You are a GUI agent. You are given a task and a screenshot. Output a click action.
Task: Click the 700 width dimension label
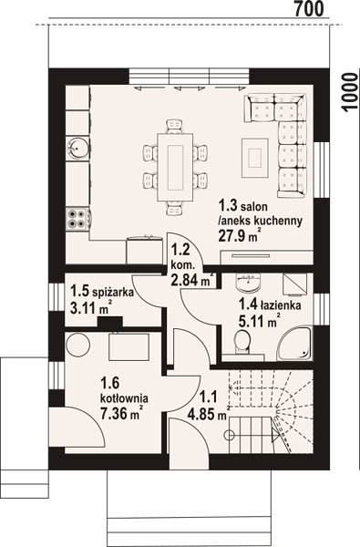coord(309,9)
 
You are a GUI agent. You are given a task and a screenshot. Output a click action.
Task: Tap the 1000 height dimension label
coord(350,92)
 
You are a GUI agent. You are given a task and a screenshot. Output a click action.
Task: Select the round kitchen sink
coord(75,148)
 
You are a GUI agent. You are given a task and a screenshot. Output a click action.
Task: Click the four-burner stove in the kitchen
coord(77,219)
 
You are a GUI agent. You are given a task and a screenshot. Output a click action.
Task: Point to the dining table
coord(175,168)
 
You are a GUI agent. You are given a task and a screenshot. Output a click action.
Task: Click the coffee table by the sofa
coord(255,158)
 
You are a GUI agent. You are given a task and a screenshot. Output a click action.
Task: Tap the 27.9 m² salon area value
coord(240,236)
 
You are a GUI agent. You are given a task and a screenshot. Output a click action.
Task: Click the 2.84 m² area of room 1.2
coord(192,279)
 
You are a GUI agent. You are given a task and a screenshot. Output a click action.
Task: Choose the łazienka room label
coord(280,305)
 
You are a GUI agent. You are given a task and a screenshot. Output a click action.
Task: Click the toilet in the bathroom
coord(242,342)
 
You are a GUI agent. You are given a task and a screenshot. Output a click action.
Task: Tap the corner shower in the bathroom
coord(294,344)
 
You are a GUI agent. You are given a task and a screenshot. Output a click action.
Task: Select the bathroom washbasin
coord(248,283)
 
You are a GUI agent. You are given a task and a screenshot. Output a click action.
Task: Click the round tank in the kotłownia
coord(78,345)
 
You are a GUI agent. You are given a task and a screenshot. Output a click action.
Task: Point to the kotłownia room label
coord(124,398)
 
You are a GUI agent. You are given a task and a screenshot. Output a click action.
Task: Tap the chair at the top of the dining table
coord(174,127)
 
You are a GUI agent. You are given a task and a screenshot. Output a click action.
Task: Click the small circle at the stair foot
coord(230,435)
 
